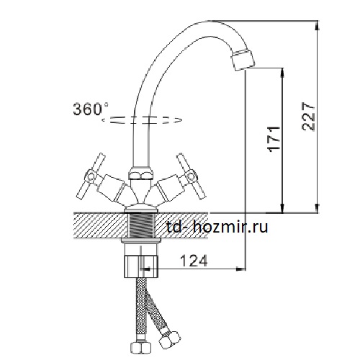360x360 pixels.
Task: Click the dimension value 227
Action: [x=308, y=117]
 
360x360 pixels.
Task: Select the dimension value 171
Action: [x=274, y=139]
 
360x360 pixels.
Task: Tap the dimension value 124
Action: [x=194, y=261]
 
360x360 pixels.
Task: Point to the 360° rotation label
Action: [x=91, y=109]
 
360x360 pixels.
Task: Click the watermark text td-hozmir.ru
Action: [x=217, y=227]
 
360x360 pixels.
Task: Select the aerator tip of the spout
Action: [x=243, y=59]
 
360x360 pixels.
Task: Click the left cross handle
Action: [x=91, y=176]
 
